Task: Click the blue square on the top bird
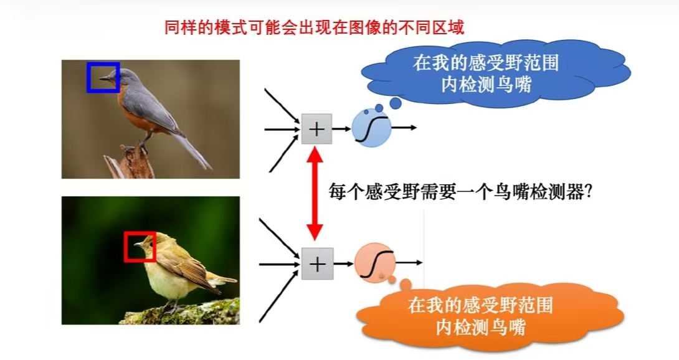coord(103,78)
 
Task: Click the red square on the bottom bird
coord(140,247)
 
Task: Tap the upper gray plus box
coord(316,129)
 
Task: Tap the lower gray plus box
coord(318,263)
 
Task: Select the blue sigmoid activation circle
coord(371,127)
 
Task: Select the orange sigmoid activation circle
coord(374,263)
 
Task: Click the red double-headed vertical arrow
coord(315,193)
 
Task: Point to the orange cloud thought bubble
coord(490,316)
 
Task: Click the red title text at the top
coord(315,27)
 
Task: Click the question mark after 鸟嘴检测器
coord(588,192)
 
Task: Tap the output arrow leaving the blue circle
coord(404,127)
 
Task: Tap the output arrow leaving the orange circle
coord(409,263)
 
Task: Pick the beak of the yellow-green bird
coord(138,245)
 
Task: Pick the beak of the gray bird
coord(105,78)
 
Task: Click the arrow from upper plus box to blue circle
coord(341,129)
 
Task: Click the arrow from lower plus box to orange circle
coord(343,263)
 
